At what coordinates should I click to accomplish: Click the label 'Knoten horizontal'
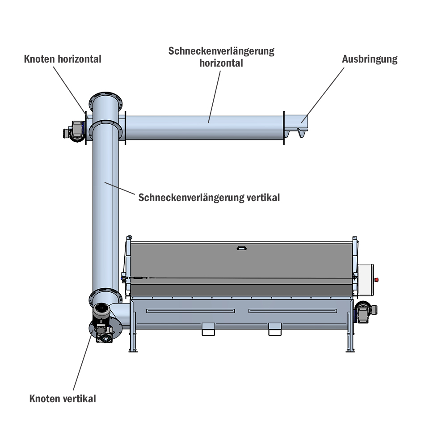(63, 59)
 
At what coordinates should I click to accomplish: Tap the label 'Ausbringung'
(370, 59)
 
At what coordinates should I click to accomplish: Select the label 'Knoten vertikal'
(63, 399)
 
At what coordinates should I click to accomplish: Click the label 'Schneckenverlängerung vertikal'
(209, 198)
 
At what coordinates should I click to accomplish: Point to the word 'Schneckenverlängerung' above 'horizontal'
(221, 51)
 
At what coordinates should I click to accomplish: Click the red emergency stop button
(376, 280)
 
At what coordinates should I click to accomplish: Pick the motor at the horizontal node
(74, 131)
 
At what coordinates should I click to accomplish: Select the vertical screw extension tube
(105, 206)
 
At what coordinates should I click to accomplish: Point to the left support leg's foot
(133, 351)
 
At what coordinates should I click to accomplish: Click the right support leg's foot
(350, 351)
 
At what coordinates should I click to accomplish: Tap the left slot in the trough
(190, 311)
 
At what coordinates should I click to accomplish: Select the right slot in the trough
(293, 311)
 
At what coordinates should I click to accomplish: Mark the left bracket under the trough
(208, 329)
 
